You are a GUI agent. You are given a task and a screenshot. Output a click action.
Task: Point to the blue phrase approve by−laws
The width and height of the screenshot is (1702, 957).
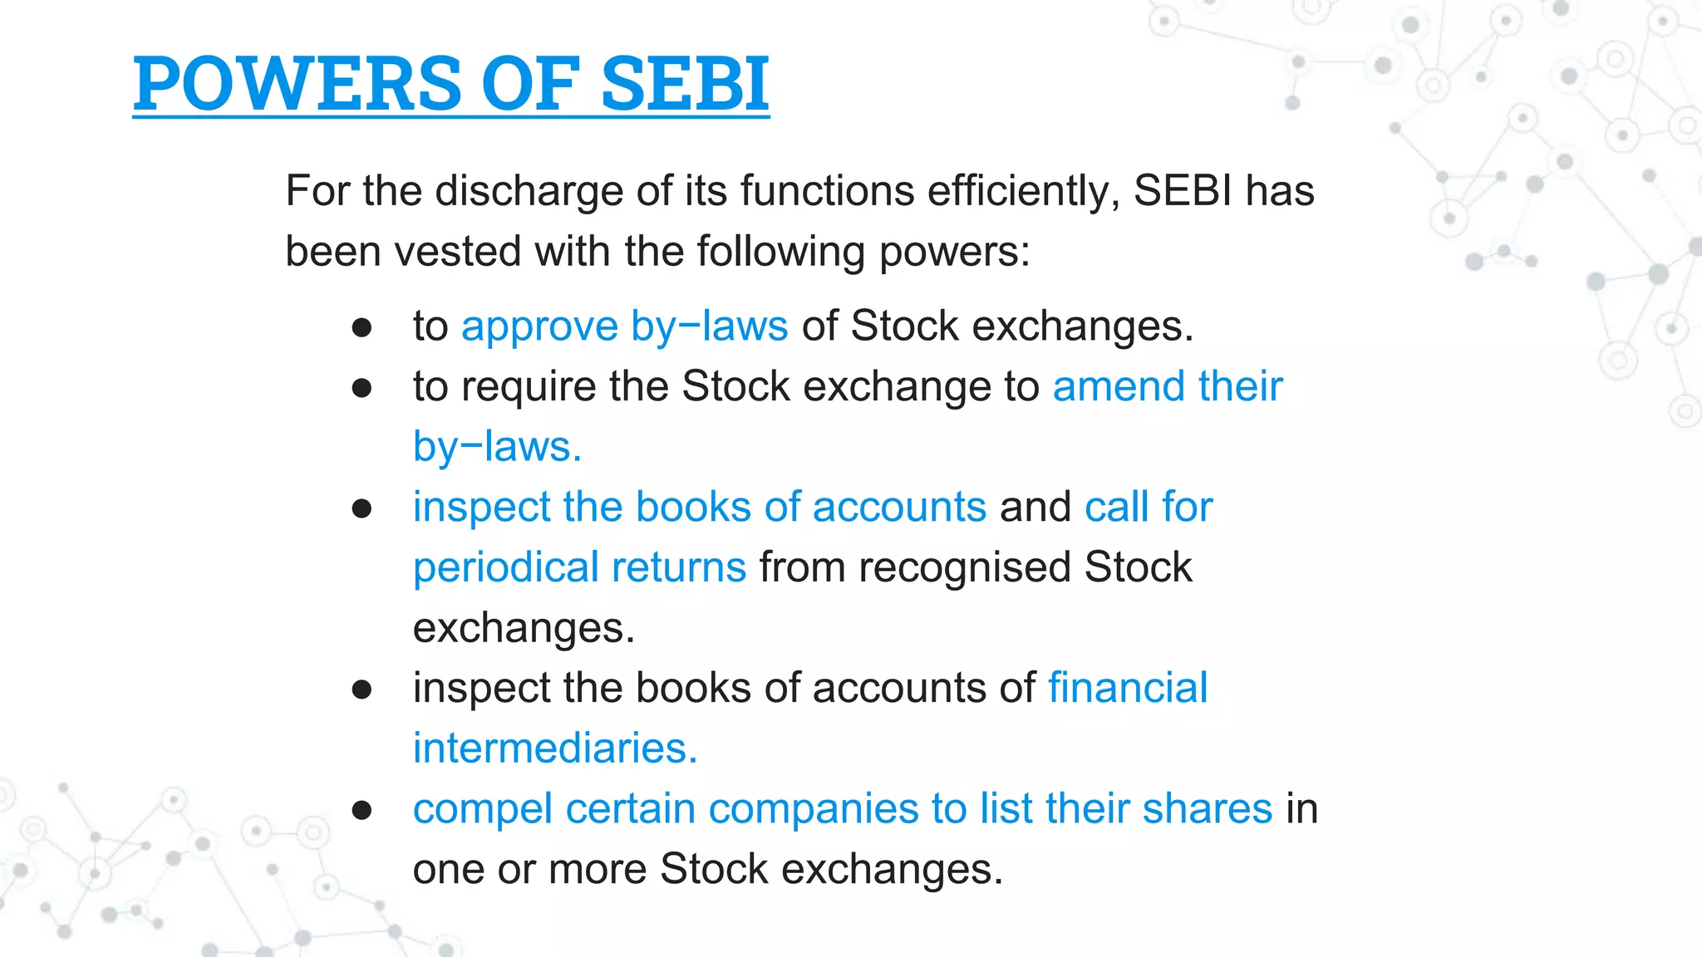click(624, 326)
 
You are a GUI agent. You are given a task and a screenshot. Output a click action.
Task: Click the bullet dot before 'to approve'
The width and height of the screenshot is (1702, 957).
click(362, 327)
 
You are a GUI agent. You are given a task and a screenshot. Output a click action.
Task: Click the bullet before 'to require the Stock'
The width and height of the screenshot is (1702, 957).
click(362, 388)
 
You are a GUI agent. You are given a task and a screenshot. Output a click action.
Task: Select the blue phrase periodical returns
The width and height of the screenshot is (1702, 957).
click(579, 567)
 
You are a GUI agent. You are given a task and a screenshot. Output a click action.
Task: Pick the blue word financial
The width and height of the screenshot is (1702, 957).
click(1128, 688)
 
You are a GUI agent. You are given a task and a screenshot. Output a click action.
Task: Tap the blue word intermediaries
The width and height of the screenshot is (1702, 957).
click(554, 748)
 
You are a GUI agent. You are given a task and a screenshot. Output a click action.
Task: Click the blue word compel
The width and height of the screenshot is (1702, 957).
click(483, 809)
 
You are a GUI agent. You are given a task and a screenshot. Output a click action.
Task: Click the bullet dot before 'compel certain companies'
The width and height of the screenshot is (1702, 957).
click(362, 810)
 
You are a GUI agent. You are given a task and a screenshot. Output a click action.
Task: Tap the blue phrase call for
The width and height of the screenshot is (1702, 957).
click(1149, 507)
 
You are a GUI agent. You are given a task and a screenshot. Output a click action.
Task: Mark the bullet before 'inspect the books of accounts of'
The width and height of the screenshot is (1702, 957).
click(362, 690)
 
